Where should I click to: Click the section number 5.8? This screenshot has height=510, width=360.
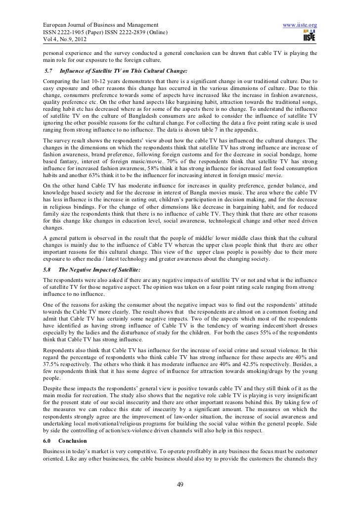tap(47, 270)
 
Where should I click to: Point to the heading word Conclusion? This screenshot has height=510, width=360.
tap(72, 426)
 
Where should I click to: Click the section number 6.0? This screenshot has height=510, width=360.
tap(48, 426)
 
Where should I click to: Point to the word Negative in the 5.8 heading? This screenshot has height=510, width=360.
tap(88, 270)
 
